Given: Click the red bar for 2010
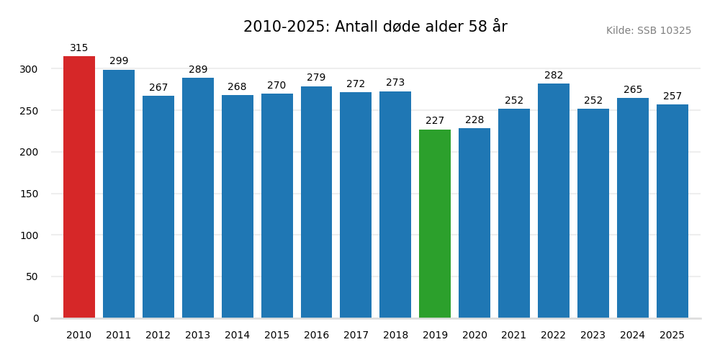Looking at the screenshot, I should click(79, 187).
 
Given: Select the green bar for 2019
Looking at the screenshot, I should click(435, 224).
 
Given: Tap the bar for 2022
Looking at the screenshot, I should click(554, 201).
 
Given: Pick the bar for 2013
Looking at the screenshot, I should click(198, 198).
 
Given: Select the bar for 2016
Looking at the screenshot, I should click(316, 202).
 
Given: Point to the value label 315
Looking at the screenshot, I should click(79, 48).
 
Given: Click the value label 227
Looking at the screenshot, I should click(435, 121).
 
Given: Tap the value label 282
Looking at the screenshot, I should click(554, 76).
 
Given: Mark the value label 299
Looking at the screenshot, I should click(119, 61).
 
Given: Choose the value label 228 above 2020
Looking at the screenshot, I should click(474, 120).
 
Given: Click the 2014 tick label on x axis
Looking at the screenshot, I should click(237, 336).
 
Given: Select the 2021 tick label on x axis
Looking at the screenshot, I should click(514, 336).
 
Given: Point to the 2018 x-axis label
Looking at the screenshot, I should click(395, 336).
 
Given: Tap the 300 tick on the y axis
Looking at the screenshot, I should click(30, 69).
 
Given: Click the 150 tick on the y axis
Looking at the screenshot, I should click(30, 194).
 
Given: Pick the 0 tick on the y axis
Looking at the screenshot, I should click(36, 318).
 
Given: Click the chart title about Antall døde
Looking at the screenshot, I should click(375, 27).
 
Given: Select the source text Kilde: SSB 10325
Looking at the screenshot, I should click(648, 31).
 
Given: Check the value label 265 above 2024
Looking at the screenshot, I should click(633, 90).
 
